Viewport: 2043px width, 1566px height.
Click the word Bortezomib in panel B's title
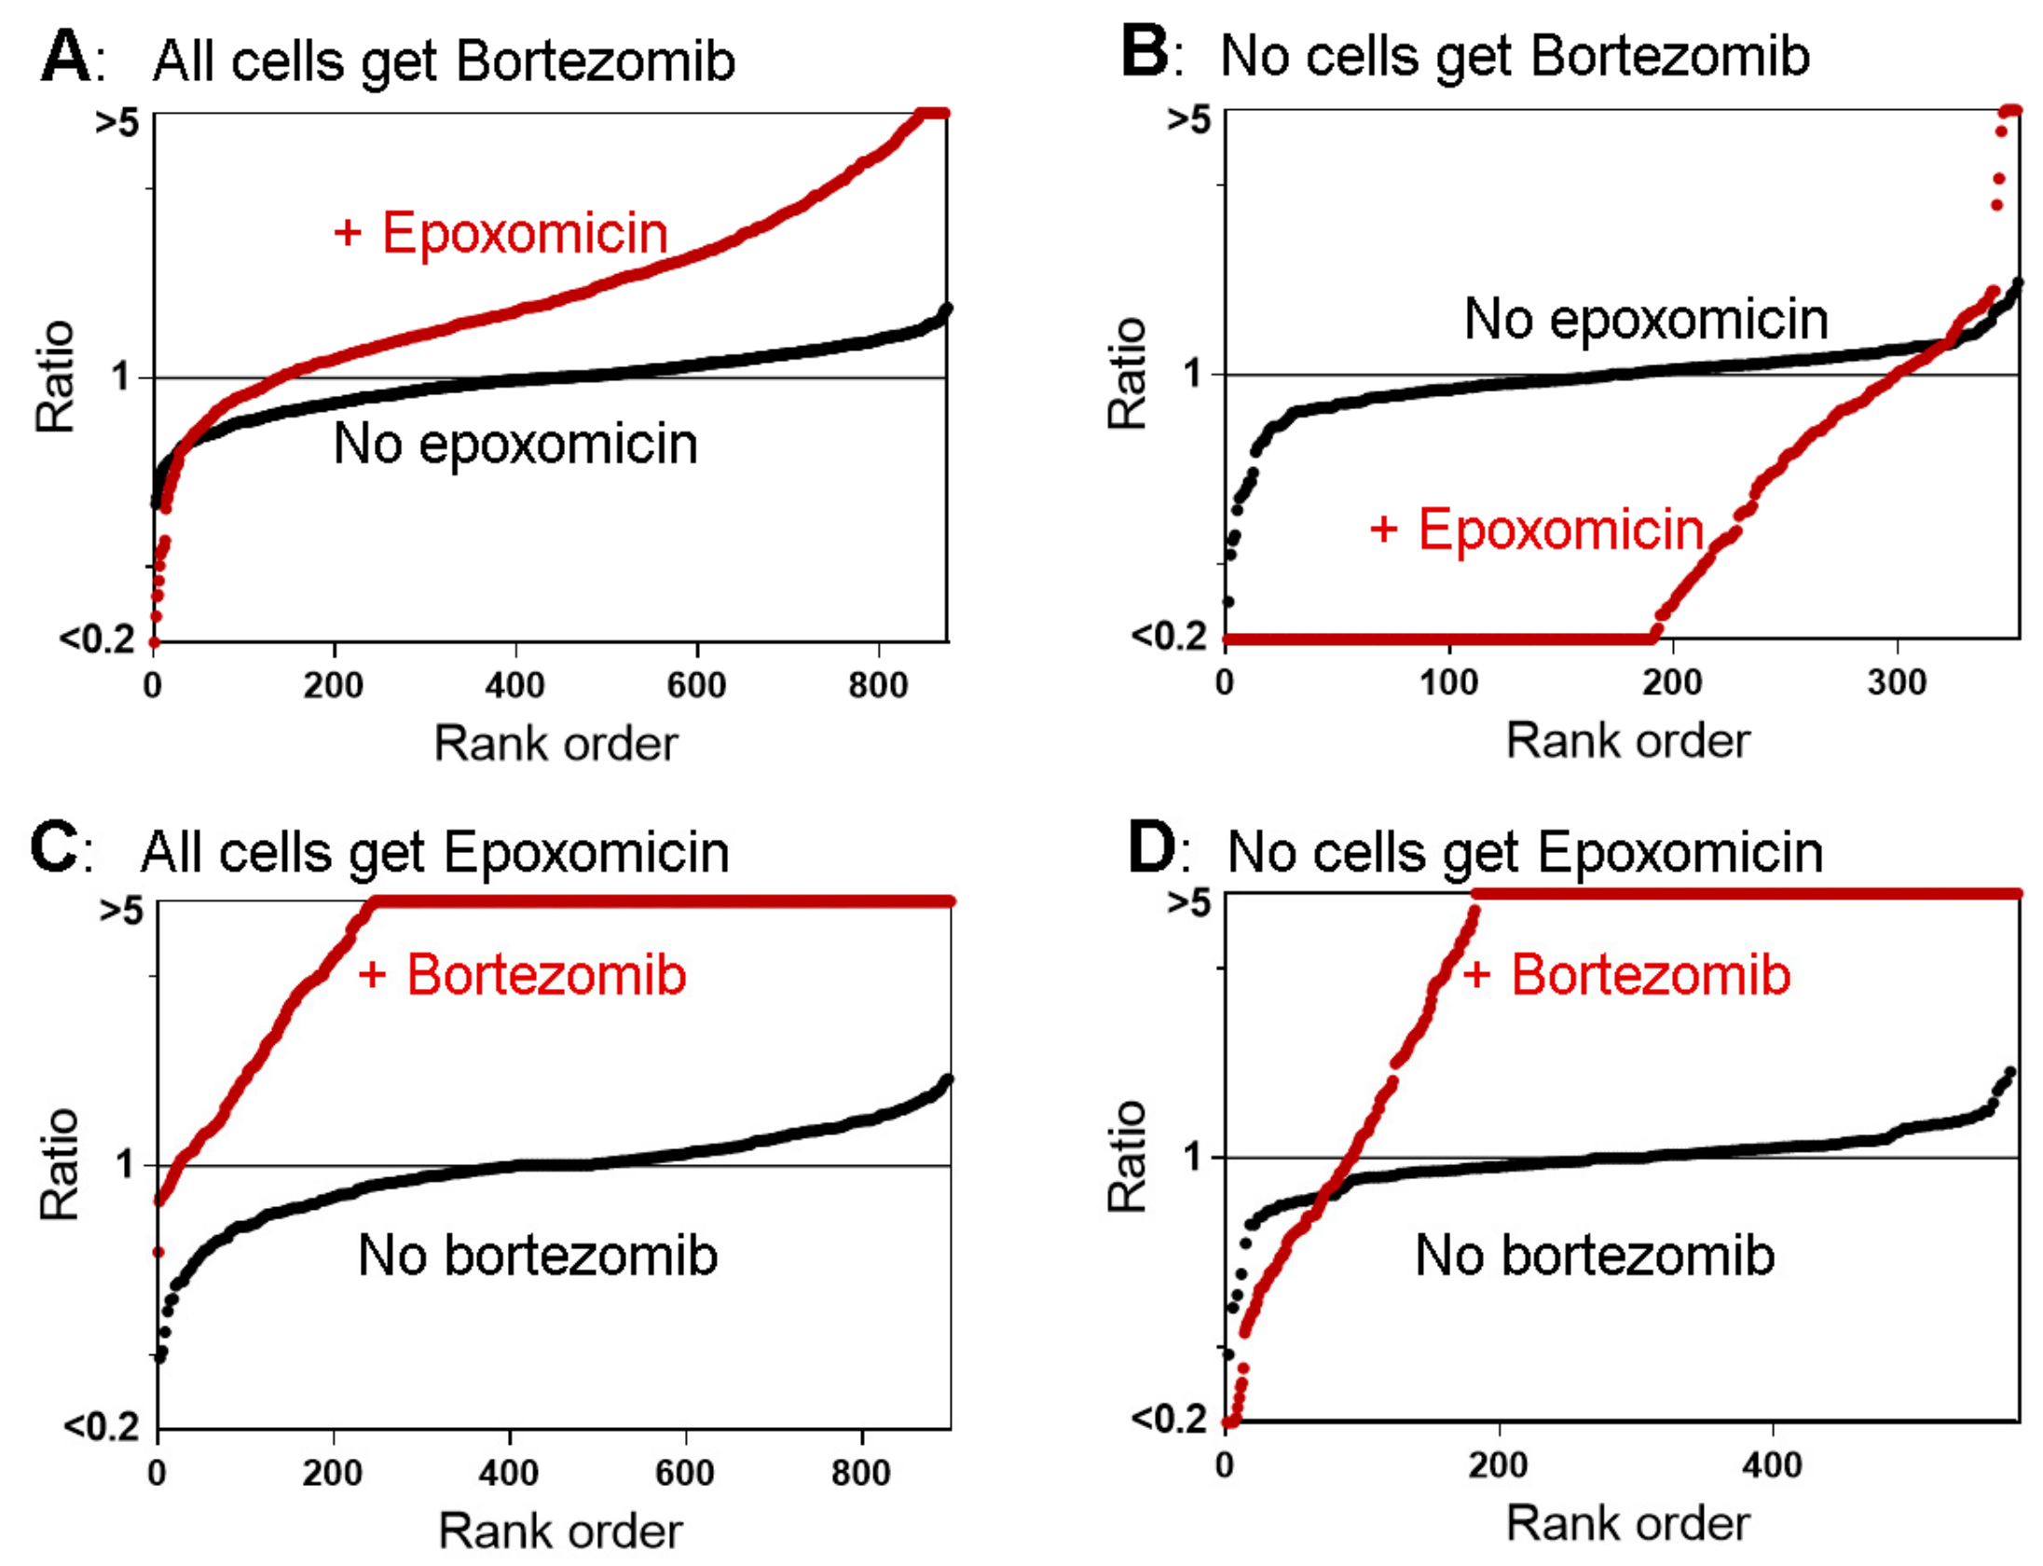(1669, 56)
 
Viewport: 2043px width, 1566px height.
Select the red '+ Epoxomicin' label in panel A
(501, 233)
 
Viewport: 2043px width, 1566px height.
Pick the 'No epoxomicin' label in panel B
(1646, 319)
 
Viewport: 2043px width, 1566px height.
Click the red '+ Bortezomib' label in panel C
(523, 975)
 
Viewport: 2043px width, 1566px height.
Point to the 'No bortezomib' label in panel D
(1595, 1255)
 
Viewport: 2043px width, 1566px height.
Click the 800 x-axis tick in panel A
(878, 686)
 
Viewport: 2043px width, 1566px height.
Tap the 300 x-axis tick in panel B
(1897, 683)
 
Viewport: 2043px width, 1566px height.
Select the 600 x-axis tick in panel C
(685, 1473)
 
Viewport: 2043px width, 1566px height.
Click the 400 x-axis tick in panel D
(1772, 1465)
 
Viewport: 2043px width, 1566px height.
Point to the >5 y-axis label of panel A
(117, 121)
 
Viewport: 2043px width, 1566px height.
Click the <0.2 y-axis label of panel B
(1170, 636)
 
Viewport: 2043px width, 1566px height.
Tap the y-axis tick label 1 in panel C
(127, 1164)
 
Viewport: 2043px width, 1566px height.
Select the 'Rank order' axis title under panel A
(556, 744)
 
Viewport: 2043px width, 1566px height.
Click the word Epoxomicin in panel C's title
(585, 852)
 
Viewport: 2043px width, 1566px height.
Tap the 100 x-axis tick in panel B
(1448, 683)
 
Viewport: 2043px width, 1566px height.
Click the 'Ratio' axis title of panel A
(55, 377)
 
